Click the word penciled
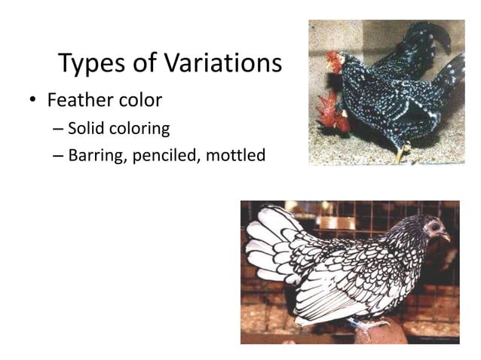(166, 157)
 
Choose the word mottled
(237, 157)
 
